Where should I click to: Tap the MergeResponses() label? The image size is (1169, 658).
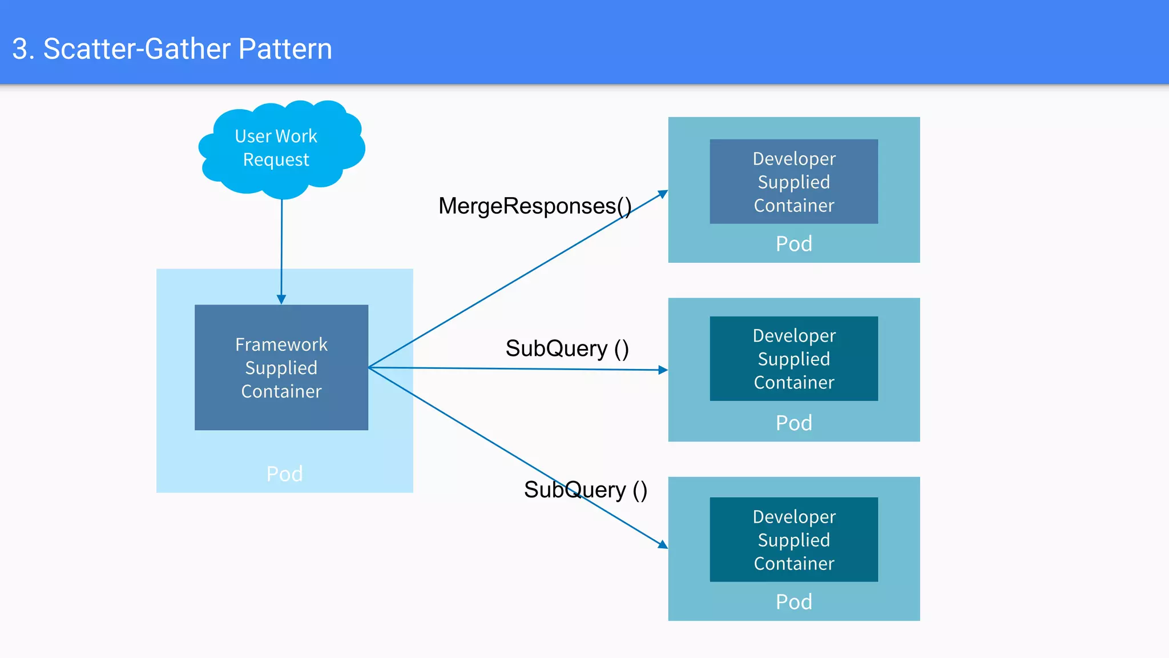click(534, 206)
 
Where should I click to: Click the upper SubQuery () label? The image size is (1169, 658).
click(567, 348)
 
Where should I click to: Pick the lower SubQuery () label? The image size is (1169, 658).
click(585, 490)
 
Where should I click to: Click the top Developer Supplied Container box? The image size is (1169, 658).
click(793, 182)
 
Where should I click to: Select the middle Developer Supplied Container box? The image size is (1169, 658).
click(793, 359)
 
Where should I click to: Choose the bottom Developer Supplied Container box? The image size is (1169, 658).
click(793, 540)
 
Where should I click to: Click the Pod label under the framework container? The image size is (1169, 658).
click(284, 474)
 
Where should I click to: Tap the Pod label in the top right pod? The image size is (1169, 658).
click(793, 244)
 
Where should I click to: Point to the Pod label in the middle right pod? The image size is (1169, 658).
click(793, 423)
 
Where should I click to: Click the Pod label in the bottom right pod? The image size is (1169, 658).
click(793, 602)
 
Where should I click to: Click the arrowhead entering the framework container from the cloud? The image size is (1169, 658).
click(281, 299)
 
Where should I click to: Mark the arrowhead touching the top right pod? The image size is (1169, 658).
click(663, 194)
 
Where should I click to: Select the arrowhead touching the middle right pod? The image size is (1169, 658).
click(663, 370)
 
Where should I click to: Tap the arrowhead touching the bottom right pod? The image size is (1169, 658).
click(663, 544)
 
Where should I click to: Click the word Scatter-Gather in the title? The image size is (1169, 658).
click(137, 49)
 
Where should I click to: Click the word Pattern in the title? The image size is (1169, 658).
click(285, 49)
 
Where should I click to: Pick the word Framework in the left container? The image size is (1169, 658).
click(281, 344)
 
